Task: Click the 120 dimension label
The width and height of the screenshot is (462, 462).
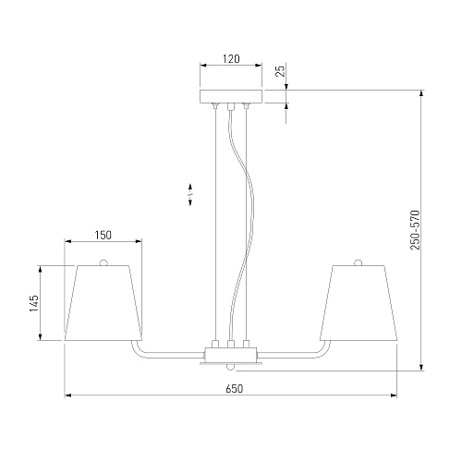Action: coord(231,58)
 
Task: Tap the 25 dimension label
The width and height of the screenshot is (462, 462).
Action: coord(280,71)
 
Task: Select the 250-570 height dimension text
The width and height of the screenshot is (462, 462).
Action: coord(415,230)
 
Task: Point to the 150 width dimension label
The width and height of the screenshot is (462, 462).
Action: coord(103,236)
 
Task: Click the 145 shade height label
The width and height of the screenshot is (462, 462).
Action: coord(34,303)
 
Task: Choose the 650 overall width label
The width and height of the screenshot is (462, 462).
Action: coord(234,389)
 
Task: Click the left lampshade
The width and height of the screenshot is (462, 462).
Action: coord(103,303)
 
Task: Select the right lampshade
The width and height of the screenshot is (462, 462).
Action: coord(359,303)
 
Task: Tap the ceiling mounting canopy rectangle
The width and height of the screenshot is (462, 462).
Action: coord(231,96)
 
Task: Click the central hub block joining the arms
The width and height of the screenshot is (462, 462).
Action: coord(231,355)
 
